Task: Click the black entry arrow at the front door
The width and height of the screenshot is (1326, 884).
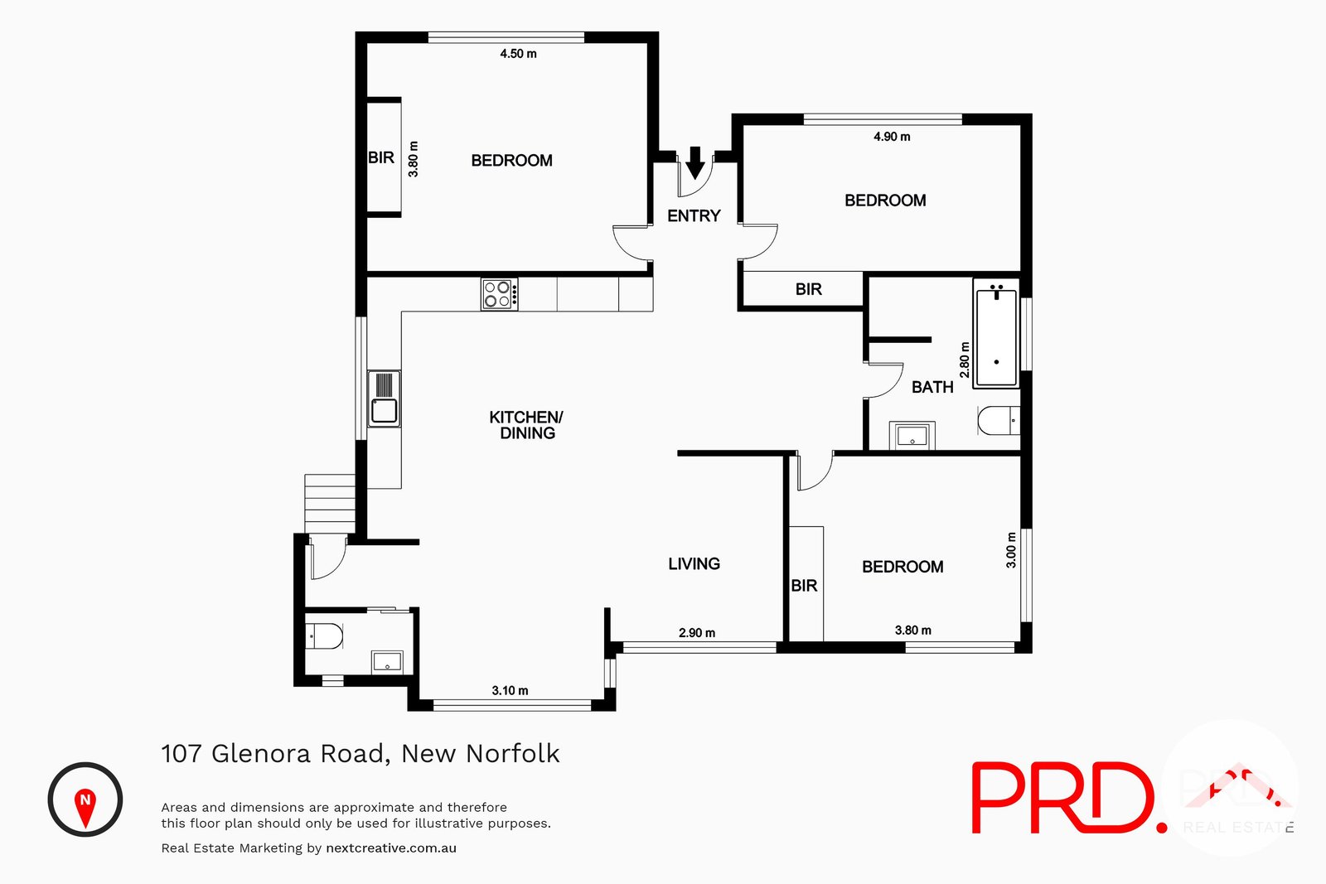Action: pos(695,162)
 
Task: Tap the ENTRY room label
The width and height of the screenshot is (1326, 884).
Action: pos(694,216)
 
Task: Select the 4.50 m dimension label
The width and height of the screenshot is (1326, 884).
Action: pos(518,54)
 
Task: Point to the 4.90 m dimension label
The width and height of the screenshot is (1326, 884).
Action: pos(892,137)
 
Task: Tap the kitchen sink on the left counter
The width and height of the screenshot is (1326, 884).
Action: pos(384,399)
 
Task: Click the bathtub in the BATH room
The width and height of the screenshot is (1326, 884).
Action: pos(996,336)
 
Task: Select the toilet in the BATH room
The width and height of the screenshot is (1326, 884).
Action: pos(998,421)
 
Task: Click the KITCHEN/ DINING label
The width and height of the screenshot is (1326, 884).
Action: pos(526,425)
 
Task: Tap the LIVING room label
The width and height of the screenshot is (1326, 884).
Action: pos(694,564)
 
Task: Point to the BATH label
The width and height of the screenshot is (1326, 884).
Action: pos(932,387)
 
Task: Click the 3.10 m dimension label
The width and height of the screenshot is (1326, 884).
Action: pos(510,690)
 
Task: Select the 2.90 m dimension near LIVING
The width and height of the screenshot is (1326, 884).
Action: pos(697,633)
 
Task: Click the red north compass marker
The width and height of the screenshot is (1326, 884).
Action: pos(85,802)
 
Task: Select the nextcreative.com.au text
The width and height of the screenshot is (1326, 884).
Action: pos(391,848)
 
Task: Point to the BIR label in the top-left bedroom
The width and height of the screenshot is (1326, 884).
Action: pos(381,158)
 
